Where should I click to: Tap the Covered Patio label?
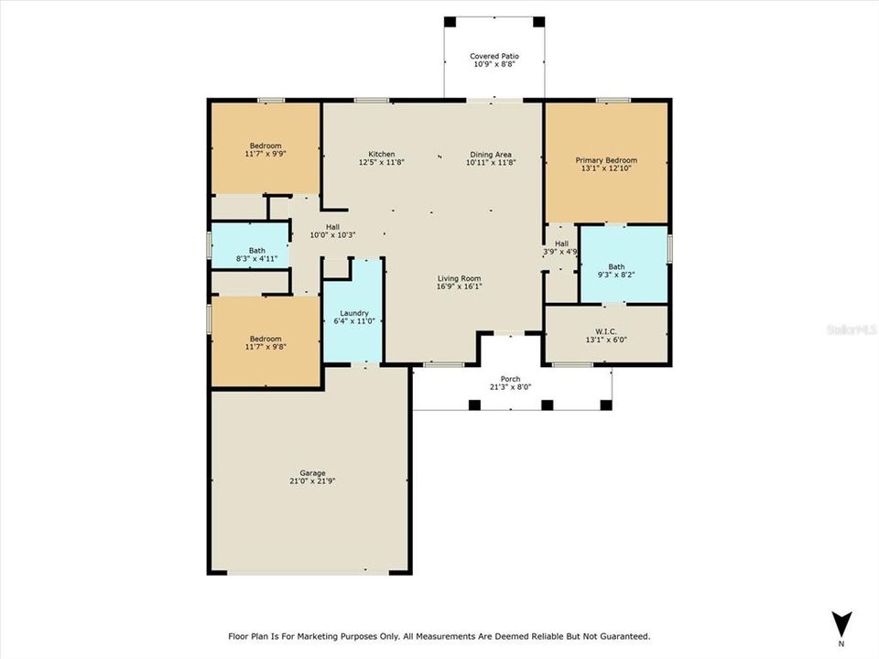coord(494,56)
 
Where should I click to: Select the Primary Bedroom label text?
coord(606,160)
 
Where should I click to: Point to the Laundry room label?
coord(353,312)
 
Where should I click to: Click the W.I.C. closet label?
coord(605,331)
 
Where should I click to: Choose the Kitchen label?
coord(382,154)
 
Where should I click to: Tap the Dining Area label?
coord(491,154)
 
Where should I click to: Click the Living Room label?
coord(459,278)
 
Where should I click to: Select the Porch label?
coord(510,379)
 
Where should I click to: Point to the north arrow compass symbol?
coord(841,622)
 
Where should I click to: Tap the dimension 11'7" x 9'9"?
coord(266,154)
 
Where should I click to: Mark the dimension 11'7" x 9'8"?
coord(266,347)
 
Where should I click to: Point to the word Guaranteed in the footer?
coord(619,635)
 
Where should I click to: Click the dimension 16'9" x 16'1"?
coord(459,286)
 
